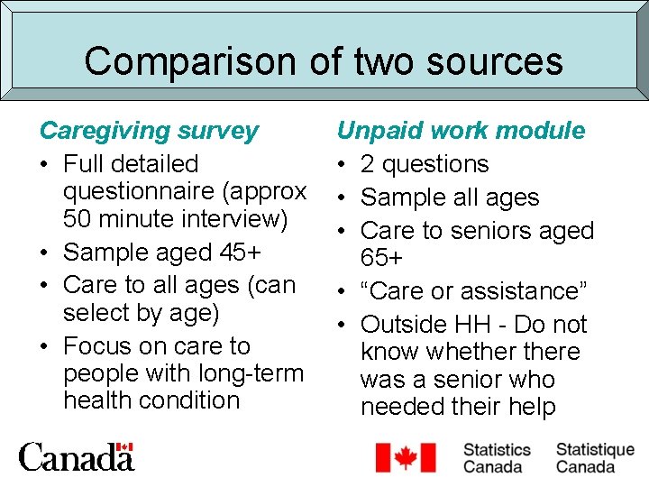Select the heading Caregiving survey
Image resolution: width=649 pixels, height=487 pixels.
pyautogui.click(x=149, y=131)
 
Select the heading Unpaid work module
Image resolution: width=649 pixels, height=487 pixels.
pyautogui.click(x=461, y=131)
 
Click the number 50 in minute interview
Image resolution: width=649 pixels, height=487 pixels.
pyautogui.click(x=78, y=219)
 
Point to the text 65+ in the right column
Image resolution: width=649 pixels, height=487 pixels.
pyautogui.click(x=381, y=259)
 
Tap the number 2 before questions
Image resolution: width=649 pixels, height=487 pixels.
pyautogui.click(x=368, y=164)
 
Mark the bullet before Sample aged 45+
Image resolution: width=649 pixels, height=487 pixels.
pyautogui.click(x=45, y=252)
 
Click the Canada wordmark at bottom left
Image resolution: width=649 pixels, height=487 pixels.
pyautogui.click(x=76, y=458)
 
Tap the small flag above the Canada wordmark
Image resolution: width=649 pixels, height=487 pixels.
pyautogui.click(x=125, y=447)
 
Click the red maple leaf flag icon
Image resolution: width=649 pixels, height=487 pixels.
pyautogui.click(x=405, y=458)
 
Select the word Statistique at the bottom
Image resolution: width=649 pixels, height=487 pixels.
pyautogui.click(x=595, y=449)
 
